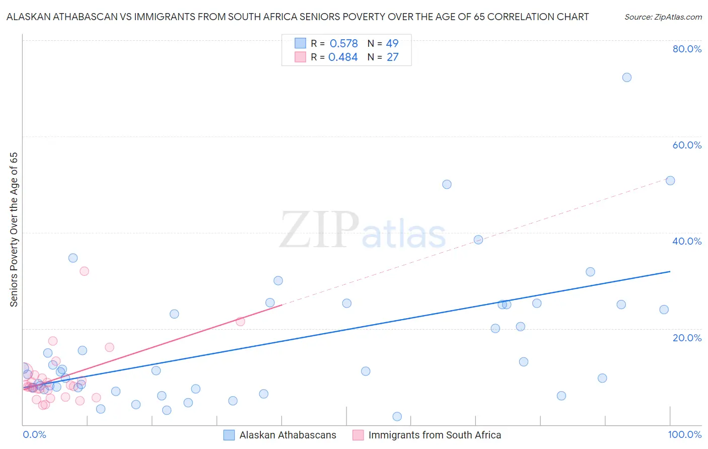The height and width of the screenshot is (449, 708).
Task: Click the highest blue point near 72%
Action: point(626,78)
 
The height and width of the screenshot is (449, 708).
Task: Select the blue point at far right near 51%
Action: point(670,181)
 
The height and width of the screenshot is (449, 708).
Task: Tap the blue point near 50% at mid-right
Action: point(447,184)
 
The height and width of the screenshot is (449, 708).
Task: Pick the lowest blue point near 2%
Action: point(397,416)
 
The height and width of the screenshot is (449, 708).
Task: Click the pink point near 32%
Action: point(84,271)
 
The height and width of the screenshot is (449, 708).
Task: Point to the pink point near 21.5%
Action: point(240,321)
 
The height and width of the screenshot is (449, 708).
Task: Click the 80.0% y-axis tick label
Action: point(687,49)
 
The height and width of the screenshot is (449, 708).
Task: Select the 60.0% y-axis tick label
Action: point(687,145)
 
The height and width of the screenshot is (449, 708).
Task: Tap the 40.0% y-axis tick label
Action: point(687,241)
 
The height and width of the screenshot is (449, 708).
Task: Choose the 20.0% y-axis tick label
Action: point(687,338)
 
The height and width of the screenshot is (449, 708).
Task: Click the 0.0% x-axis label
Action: point(34,434)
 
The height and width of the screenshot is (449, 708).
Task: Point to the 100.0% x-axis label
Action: point(685,434)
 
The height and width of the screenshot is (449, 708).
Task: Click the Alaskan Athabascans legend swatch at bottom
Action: point(229,435)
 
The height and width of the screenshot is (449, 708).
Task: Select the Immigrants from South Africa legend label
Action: point(435,435)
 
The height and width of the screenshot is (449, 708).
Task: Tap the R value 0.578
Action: point(343,44)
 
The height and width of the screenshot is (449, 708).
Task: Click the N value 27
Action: point(392,57)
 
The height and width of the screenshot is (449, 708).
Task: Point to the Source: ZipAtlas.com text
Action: point(663,17)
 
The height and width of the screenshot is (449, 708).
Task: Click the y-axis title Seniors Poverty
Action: point(14,230)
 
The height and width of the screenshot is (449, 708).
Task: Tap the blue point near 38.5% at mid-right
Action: point(478,240)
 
